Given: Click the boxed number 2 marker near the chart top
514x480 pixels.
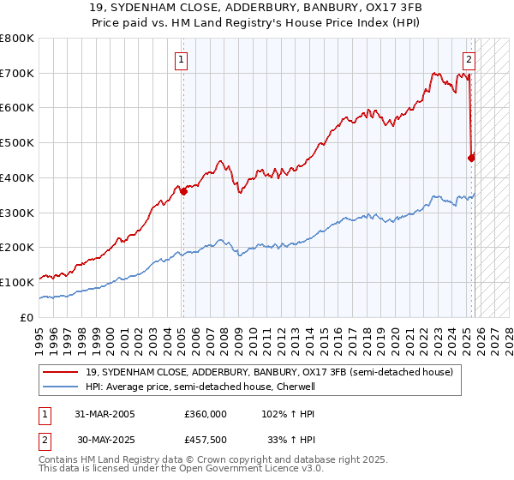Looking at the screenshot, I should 469,59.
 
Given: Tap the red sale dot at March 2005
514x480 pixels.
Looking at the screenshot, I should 183,192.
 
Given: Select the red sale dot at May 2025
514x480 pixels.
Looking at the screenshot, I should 471,157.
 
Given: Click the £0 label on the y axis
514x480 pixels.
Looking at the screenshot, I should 27,317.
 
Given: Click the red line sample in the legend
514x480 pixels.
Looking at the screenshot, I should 62,372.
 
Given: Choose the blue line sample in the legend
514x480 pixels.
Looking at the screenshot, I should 62,387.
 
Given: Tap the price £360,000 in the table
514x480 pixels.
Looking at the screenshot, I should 206,413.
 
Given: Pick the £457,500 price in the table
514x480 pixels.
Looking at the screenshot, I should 206,441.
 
